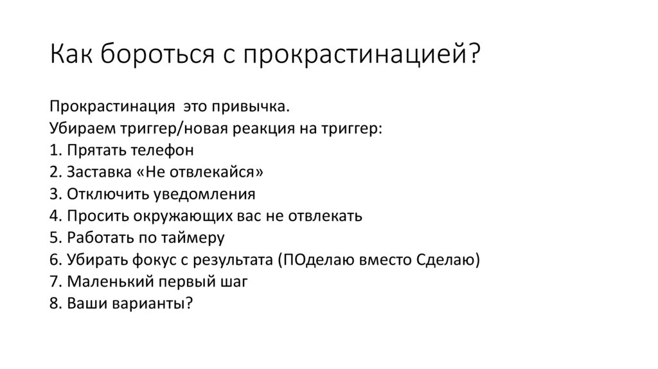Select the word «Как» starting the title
click(x=71, y=54)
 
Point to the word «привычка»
click(x=251, y=106)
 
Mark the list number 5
click(x=54, y=237)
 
